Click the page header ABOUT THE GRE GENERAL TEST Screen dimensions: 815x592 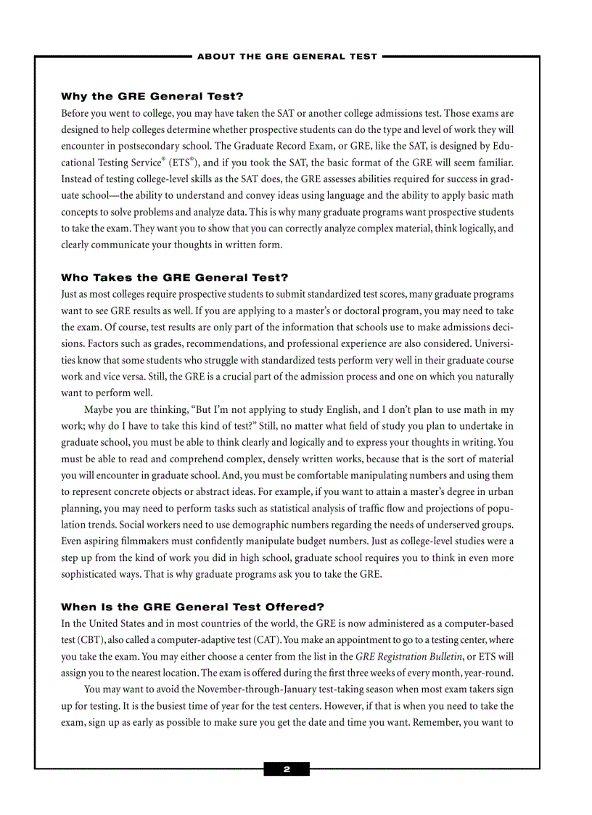point(287,57)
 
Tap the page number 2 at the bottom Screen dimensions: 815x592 point(287,769)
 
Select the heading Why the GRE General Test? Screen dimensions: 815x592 point(152,97)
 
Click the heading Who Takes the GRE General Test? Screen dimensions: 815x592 point(174,277)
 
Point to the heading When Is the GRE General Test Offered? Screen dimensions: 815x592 point(192,607)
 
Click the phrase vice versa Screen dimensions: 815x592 point(110,377)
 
